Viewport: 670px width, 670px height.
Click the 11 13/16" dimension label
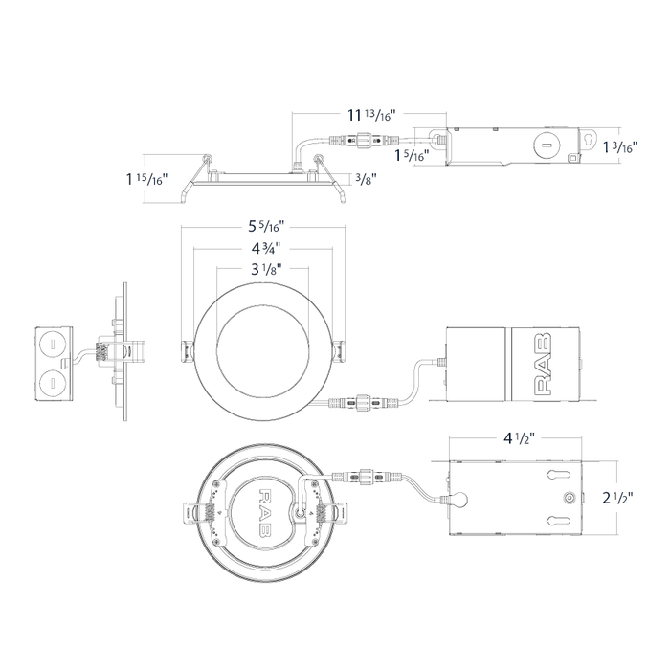pos(371,115)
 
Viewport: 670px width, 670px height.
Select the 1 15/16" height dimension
pos(146,179)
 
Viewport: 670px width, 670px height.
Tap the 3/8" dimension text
pos(367,179)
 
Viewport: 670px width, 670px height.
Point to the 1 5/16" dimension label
pos(412,155)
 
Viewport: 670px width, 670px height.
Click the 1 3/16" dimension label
pos(620,147)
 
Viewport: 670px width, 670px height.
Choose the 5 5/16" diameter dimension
pos(266,226)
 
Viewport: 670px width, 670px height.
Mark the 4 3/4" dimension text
pos(265,248)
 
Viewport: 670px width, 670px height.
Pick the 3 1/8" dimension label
pos(266,269)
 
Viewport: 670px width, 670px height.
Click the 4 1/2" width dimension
pos(519,438)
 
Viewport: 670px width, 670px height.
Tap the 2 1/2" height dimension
pos(617,498)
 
